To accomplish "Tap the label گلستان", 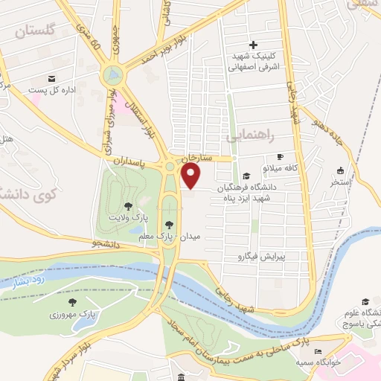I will tap(35, 31).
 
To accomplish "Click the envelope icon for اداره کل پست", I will tap(52, 79).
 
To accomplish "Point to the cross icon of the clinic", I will tap(253, 45).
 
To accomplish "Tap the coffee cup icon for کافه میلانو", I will tap(281, 157).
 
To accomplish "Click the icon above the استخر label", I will tap(341, 170).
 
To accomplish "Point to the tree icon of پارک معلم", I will tap(170, 224).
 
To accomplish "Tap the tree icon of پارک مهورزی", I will tap(73, 301).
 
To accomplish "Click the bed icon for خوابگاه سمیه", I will tap(318, 352).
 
